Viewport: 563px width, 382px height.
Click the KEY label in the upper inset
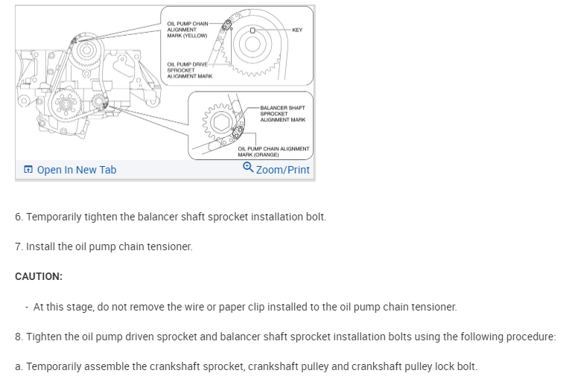pyautogui.click(x=297, y=30)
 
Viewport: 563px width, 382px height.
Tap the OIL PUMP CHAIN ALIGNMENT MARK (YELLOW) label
pyautogui.click(x=187, y=30)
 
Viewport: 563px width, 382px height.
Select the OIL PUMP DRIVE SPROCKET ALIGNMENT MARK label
pyautogui.click(x=190, y=70)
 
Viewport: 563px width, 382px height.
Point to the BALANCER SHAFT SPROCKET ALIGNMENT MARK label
pyautogui.click(x=282, y=114)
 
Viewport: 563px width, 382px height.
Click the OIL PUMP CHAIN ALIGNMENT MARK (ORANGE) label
pyautogui.click(x=273, y=151)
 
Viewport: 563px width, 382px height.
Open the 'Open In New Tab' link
pyautogui.click(x=76, y=170)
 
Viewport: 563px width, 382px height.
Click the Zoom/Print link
pyautogui.click(x=282, y=170)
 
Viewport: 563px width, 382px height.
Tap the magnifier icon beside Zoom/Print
pyautogui.click(x=248, y=168)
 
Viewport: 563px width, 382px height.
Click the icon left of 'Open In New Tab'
pyautogui.click(x=28, y=170)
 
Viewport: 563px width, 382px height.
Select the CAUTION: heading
pyautogui.click(x=39, y=276)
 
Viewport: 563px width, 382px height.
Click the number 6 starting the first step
pyautogui.click(x=18, y=217)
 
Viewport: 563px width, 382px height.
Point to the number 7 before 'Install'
pyautogui.click(x=18, y=246)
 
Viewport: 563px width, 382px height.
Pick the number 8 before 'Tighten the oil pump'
pyautogui.click(x=18, y=337)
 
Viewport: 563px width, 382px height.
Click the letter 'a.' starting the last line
pyautogui.click(x=19, y=366)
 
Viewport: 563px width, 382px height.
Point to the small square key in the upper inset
pyautogui.click(x=253, y=31)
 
